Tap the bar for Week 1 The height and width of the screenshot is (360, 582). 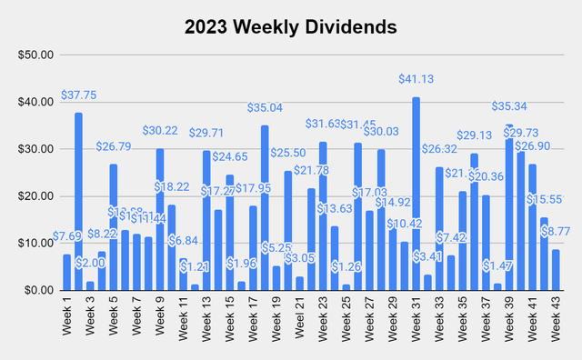pos(66,272)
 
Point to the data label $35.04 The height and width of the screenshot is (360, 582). pos(266,107)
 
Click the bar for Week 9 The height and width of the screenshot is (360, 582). pos(160,219)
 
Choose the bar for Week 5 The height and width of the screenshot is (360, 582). pos(114,227)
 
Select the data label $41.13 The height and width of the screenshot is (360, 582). pos(416,80)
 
